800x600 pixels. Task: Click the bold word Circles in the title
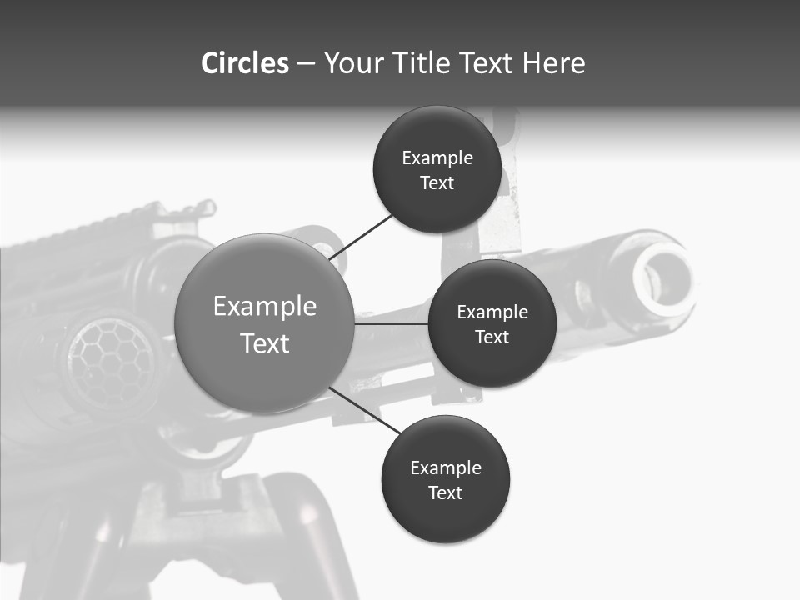click(x=244, y=63)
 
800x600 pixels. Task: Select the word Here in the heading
click(x=553, y=63)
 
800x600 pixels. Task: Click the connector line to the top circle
click(x=362, y=236)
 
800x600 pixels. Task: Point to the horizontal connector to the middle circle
click(x=392, y=323)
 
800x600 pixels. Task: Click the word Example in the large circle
click(x=265, y=307)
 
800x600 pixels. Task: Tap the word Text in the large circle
click(x=265, y=343)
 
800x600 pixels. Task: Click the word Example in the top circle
click(x=437, y=158)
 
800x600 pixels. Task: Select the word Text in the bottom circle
click(x=445, y=492)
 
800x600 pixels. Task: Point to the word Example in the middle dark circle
click(x=492, y=312)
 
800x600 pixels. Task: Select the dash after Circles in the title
click(x=305, y=63)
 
